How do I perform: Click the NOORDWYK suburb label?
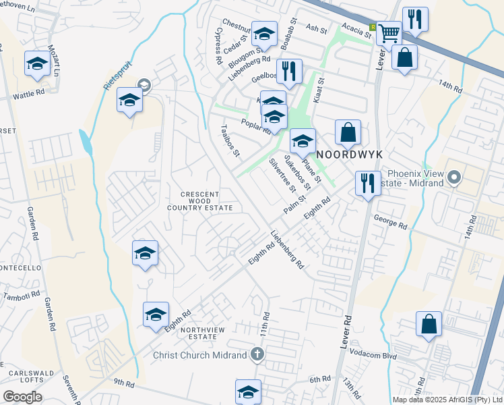(350, 155)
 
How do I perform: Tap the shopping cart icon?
(389, 33)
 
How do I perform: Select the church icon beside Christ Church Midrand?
(257, 354)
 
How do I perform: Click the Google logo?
(22, 397)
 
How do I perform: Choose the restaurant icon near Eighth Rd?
(368, 184)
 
